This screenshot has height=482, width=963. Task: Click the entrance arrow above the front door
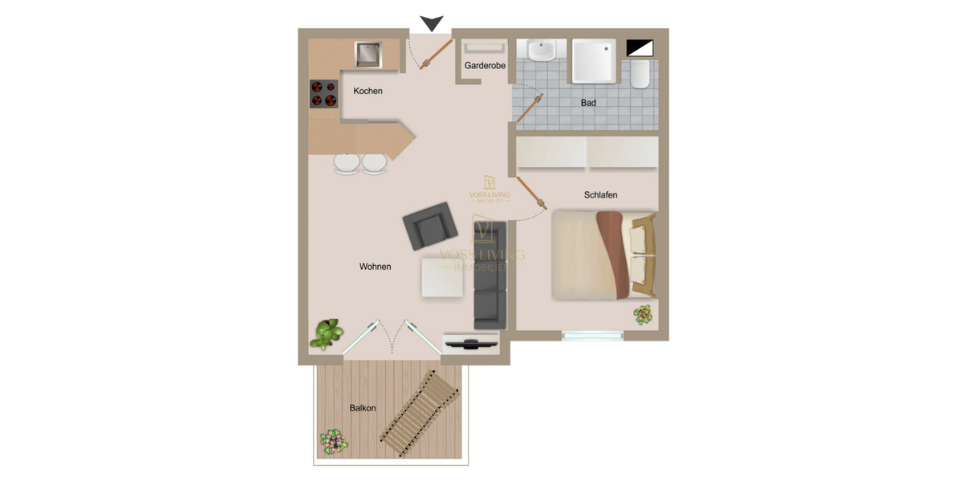(432, 23)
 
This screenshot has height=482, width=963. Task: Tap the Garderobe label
(485, 66)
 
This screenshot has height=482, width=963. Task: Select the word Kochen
(368, 91)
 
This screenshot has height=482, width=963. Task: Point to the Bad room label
(588, 103)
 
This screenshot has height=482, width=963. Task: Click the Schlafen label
(600, 194)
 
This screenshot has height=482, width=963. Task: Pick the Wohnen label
(375, 266)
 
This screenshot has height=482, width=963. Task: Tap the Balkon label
(363, 408)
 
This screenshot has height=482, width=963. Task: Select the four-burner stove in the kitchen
(323, 93)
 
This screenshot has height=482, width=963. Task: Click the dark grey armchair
(426, 227)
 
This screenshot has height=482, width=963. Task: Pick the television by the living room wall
(472, 343)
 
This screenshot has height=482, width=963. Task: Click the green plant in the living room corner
(327, 332)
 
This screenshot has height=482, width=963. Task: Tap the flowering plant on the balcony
(333, 440)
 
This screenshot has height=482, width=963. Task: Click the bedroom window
(592, 335)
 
